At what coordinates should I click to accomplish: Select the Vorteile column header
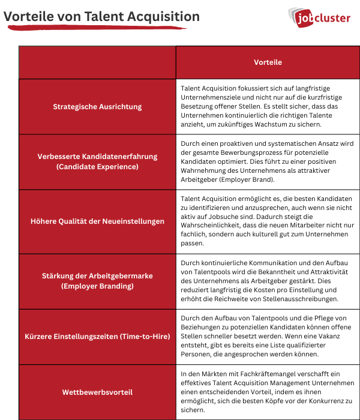click(x=268, y=62)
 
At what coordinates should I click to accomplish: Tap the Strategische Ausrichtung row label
click(x=97, y=107)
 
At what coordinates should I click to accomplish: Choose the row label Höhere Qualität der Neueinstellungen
click(x=97, y=221)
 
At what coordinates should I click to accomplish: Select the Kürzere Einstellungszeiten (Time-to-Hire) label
click(x=97, y=337)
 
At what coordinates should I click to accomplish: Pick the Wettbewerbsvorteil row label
click(x=97, y=392)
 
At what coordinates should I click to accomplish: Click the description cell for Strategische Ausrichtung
click(x=268, y=106)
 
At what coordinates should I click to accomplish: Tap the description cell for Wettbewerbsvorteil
click(x=268, y=392)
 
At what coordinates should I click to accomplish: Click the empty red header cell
click(x=97, y=62)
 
